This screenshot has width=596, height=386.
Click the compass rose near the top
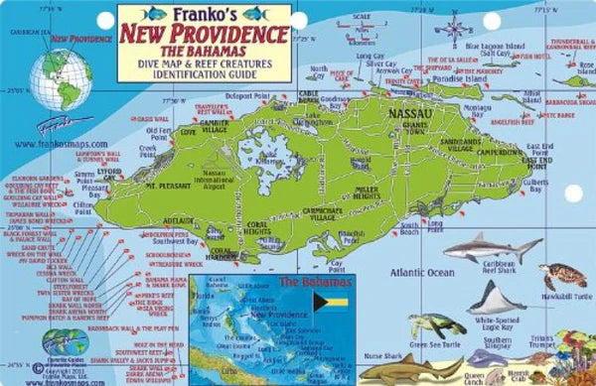point(453,28)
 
